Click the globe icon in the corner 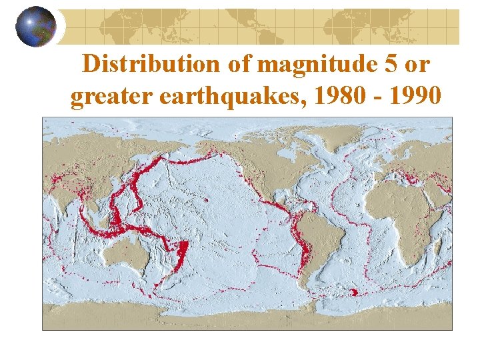36,26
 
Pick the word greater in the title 105,97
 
